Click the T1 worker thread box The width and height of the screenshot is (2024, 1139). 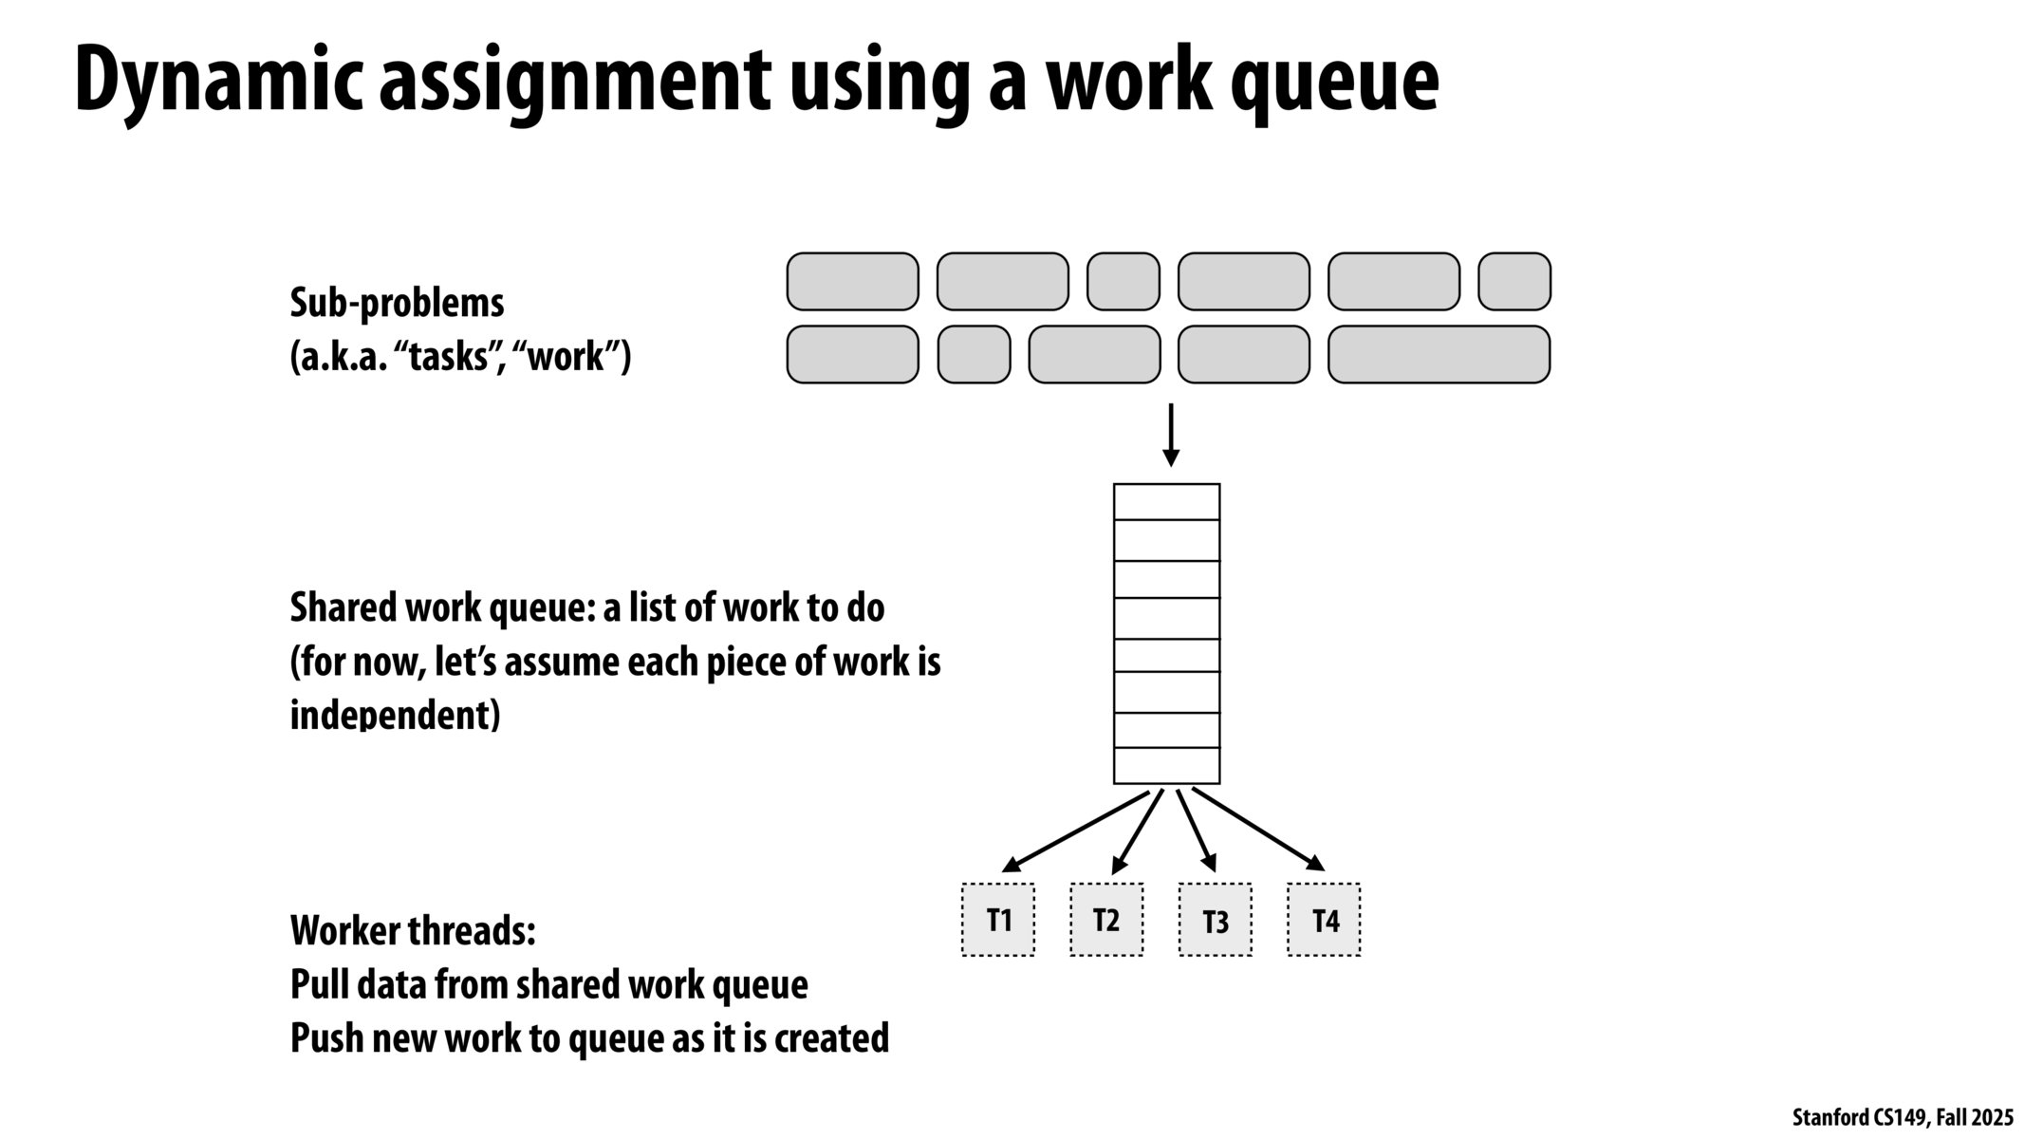(x=998, y=920)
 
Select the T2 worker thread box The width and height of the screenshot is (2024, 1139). (x=1106, y=920)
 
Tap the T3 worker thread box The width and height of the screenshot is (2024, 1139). (x=1215, y=920)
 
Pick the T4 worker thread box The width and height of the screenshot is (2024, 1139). (x=1324, y=920)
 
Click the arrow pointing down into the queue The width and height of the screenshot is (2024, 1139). (x=1171, y=435)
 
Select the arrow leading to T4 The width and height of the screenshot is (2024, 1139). (x=1258, y=828)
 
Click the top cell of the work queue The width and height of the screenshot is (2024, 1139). (x=1166, y=502)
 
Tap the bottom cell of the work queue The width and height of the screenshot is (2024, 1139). (x=1166, y=766)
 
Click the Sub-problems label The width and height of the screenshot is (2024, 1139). (x=397, y=304)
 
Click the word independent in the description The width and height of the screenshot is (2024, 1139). (x=395, y=715)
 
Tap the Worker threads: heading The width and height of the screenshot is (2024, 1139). (x=413, y=931)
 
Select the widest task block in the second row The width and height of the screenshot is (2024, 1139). (x=1439, y=355)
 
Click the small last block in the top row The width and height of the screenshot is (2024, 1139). (x=1514, y=282)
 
